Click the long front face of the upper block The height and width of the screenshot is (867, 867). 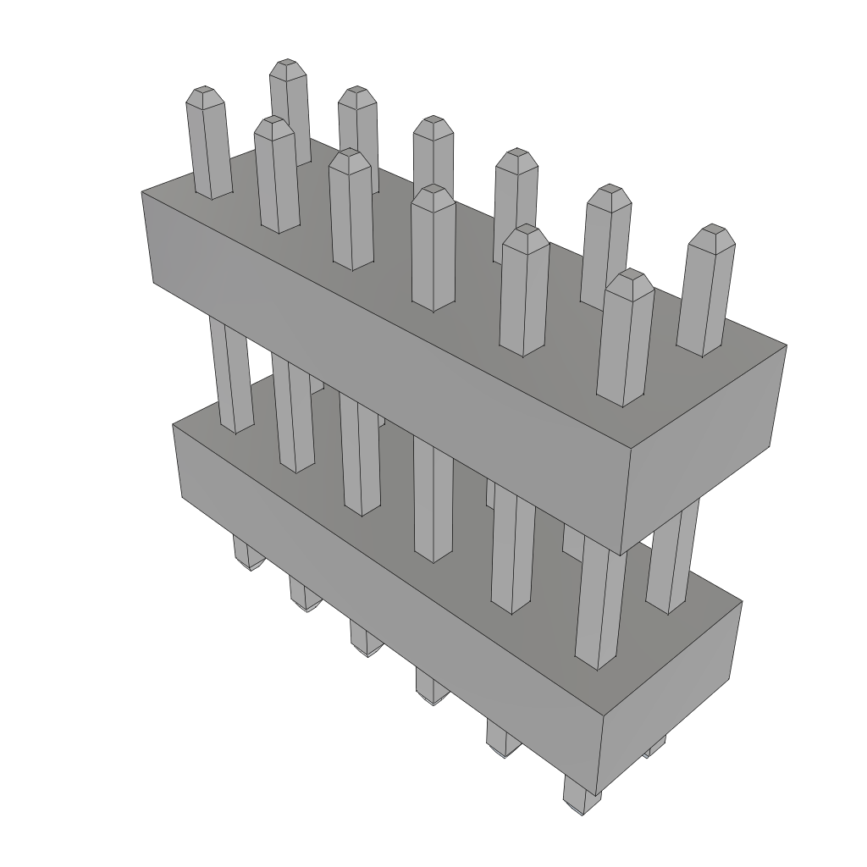click(381, 364)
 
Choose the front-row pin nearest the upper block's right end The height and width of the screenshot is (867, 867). click(627, 339)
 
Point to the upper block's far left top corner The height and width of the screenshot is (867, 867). click(142, 193)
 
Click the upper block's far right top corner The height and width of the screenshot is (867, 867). click(787, 345)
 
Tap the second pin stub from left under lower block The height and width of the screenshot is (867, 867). click(305, 593)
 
